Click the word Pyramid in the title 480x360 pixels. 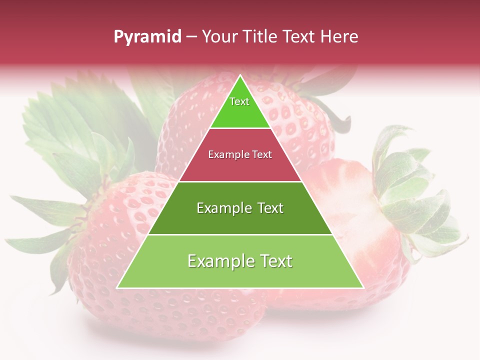pyautogui.click(x=147, y=37)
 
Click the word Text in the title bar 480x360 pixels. pyautogui.click(x=300, y=37)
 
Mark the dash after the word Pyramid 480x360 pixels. pyautogui.click(x=191, y=37)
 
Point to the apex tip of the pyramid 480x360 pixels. pyautogui.click(x=240, y=76)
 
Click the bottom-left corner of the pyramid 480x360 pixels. pyautogui.click(x=117, y=287)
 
